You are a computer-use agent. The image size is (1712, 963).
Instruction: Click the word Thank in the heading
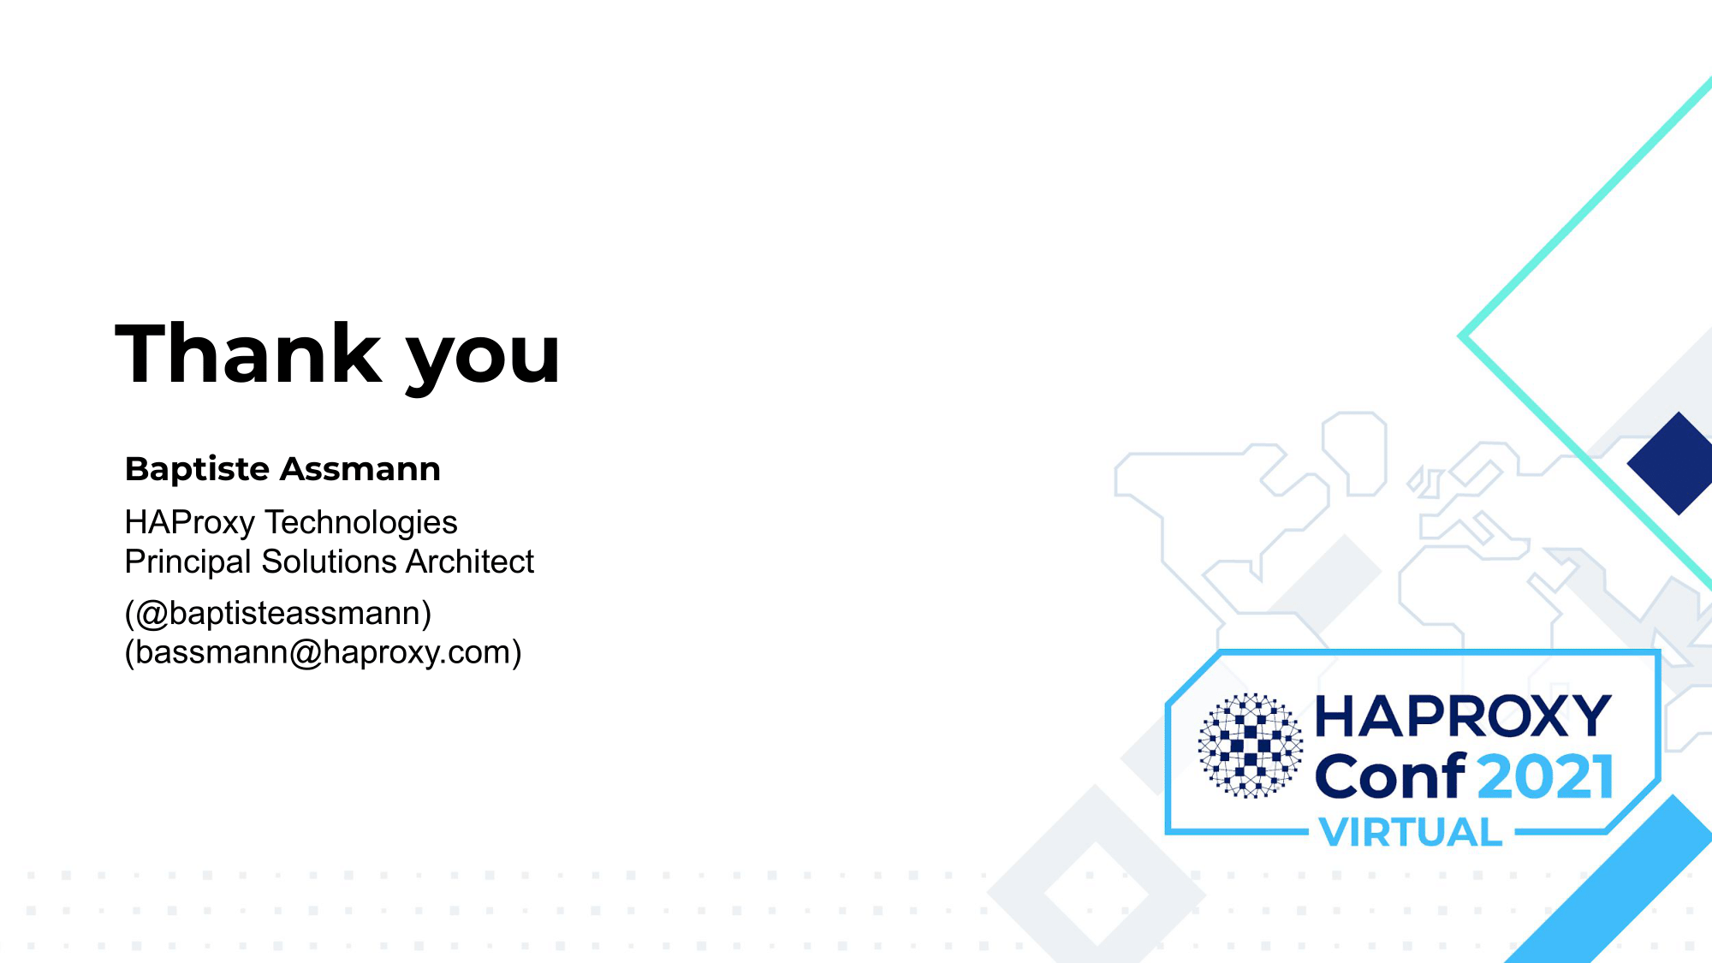248,353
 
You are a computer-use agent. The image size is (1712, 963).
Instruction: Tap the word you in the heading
483,359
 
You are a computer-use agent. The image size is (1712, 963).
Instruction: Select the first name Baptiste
198,469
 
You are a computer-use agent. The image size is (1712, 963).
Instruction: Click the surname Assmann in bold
360,469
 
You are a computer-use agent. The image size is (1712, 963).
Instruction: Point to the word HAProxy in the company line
190,522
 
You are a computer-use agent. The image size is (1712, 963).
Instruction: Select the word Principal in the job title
188,562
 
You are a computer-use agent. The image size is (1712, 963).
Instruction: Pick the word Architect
470,562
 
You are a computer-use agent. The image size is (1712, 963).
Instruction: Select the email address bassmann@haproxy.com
324,652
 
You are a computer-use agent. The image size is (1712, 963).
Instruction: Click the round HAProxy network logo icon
1251,746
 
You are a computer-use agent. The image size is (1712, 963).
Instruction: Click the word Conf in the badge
1391,776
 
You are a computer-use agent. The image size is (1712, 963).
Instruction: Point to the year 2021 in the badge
1545,777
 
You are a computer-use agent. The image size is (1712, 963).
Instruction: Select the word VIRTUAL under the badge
1411,832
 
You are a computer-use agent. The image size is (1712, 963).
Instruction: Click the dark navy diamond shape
1673,463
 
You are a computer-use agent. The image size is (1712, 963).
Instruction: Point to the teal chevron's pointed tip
1460,336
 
